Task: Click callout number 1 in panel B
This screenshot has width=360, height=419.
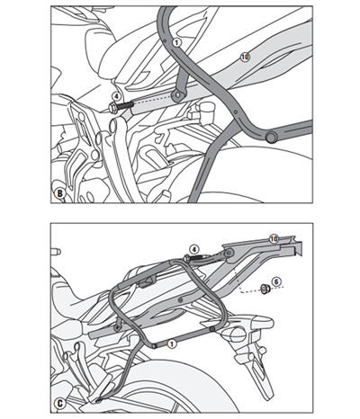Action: point(175,42)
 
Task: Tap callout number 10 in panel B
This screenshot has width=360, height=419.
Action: point(245,57)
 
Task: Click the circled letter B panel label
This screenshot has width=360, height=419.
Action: point(59,192)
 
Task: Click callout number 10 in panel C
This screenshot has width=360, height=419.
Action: point(274,238)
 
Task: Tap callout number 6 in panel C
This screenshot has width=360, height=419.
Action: point(276,282)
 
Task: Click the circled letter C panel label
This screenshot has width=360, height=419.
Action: point(59,404)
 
